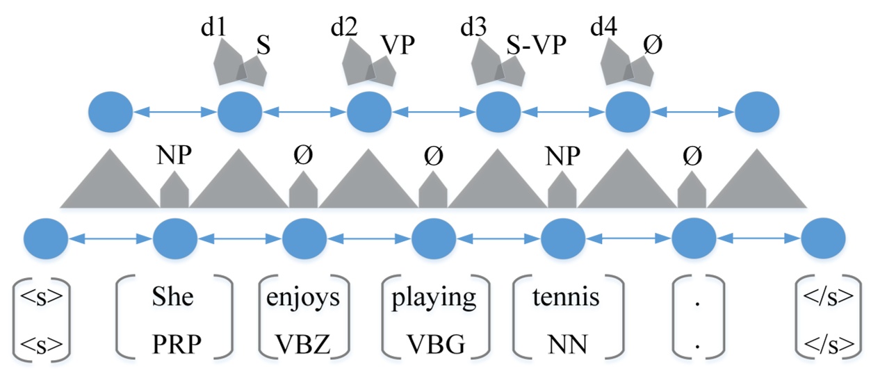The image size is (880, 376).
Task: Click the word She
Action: tap(174, 297)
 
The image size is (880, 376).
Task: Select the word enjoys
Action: tap(303, 297)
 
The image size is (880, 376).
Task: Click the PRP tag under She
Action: tap(174, 342)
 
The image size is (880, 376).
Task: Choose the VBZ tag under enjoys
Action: tap(303, 342)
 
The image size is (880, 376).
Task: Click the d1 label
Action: tap(213, 28)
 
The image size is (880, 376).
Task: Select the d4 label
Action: tap(603, 28)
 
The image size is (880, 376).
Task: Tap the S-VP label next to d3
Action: tap(536, 46)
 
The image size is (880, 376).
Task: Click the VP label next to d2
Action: tap(398, 46)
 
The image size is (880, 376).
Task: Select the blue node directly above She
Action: tap(174, 238)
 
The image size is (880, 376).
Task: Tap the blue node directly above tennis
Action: tap(562, 238)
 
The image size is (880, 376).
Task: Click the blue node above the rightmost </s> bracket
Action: tap(823, 238)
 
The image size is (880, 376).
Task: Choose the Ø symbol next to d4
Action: tap(652, 46)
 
